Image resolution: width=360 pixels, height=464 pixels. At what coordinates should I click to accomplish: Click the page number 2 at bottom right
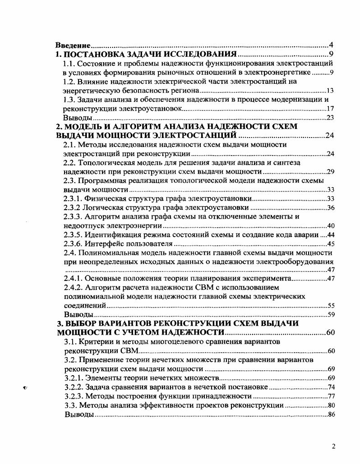pyautogui.click(x=333, y=446)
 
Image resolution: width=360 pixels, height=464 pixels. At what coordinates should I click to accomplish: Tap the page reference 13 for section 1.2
pyautogui.click(x=329, y=91)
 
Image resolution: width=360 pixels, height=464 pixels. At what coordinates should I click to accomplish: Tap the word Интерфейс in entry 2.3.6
pyautogui.click(x=103, y=244)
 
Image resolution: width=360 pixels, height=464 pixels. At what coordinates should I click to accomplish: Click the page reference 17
pyautogui.click(x=329, y=109)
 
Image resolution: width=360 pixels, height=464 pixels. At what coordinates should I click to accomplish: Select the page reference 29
pyautogui.click(x=329, y=172)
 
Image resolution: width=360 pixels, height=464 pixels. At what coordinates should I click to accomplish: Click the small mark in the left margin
pyautogui.click(x=25, y=387)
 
